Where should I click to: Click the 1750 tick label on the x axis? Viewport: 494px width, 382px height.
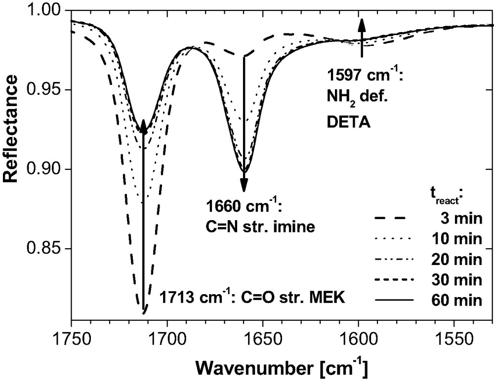click(72, 339)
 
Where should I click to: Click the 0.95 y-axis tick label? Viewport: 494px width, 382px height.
click(48, 90)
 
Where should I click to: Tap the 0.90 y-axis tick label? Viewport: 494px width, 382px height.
click(48, 169)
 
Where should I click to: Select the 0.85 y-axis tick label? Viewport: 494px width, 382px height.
click(48, 248)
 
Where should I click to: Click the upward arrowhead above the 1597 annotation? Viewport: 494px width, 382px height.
click(362, 24)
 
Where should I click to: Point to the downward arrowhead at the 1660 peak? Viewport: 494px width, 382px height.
click(244, 186)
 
